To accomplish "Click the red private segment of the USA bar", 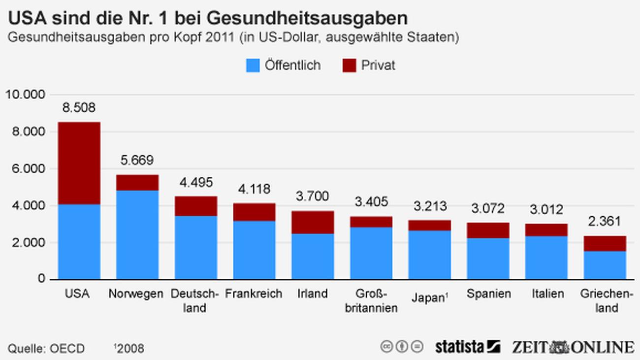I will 79,163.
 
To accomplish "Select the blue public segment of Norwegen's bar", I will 137,234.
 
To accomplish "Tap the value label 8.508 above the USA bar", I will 79,108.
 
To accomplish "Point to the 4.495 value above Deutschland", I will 196,183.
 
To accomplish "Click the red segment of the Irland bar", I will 313,222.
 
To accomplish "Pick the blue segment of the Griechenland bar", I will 605,265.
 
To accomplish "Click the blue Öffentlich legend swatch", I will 253,65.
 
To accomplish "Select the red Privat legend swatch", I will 349,65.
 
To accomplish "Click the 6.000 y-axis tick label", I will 27,168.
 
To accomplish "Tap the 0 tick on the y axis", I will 41,279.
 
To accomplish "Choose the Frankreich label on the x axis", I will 254,294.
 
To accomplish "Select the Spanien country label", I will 489,294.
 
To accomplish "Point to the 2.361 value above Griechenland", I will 605,221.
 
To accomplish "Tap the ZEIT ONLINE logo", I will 573,347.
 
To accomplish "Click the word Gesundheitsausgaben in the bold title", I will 307,18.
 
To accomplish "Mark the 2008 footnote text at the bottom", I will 129,349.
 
